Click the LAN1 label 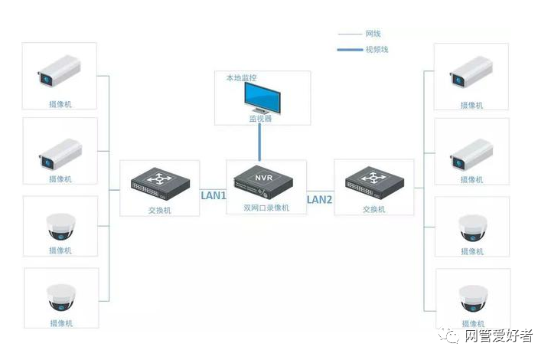tap(214, 195)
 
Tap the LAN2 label tap(319, 200)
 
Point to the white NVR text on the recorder tap(264, 178)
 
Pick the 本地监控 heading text tap(241, 77)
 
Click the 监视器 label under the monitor tap(261, 119)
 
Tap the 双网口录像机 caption tap(266, 208)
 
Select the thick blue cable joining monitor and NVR tap(259, 142)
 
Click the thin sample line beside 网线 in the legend tap(350, 34)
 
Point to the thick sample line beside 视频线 tap(350, 50)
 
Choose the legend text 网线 tap(373, 34)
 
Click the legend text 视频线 tap(377, 49)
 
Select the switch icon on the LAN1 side tap(160, 184)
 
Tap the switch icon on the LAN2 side tap(374, 182)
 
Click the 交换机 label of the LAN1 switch tap(159, 210)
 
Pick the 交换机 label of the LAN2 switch tap(374, 210)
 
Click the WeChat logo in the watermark tap(448, 335)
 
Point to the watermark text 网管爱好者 tap(499, 335)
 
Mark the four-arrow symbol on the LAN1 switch tap(160, 178)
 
